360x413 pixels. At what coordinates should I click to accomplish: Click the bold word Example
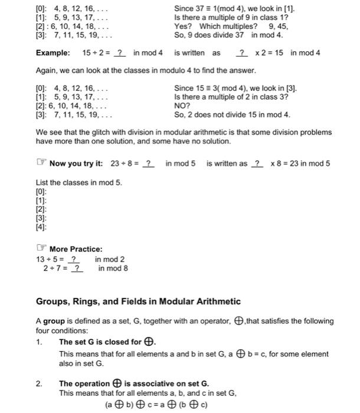52,53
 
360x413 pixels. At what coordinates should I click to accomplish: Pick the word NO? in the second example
182,106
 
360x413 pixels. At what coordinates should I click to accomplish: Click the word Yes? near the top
183,27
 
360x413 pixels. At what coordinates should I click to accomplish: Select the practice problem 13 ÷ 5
50,260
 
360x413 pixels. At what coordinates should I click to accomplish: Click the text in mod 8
113,268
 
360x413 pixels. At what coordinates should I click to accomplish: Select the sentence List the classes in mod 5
79,182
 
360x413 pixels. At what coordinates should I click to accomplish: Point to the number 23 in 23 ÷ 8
116,163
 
